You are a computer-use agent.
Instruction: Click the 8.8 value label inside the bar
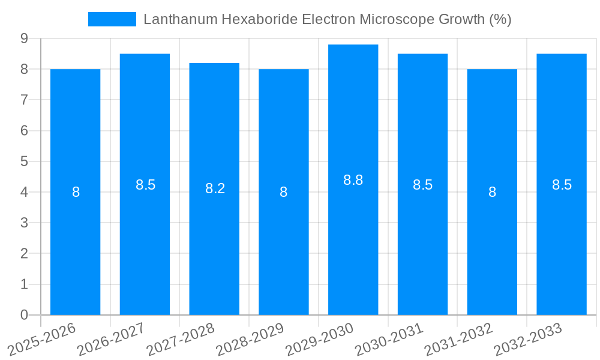tap(353, 180)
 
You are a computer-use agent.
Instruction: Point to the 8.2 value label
tap(215, 188)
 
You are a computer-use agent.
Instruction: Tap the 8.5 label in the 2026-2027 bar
tap(145, 185)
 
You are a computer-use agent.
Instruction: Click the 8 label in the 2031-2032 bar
tap(492, 192)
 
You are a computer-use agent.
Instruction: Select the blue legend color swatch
tap(112, 19)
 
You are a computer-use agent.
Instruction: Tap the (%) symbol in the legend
tap(500, 19)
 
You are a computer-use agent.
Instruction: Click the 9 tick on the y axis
tap(24, 38)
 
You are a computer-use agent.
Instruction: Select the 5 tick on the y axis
tap(24, 161)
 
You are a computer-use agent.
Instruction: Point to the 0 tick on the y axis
tap(24, 315)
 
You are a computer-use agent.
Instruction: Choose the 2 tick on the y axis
tap(24, 254)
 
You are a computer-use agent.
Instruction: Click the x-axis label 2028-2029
tap(250, 339)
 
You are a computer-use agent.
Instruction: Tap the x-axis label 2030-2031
tap(389, 339)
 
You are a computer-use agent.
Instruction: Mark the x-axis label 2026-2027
tap(112, 339)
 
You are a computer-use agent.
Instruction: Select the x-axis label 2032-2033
tap(529, 339)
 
